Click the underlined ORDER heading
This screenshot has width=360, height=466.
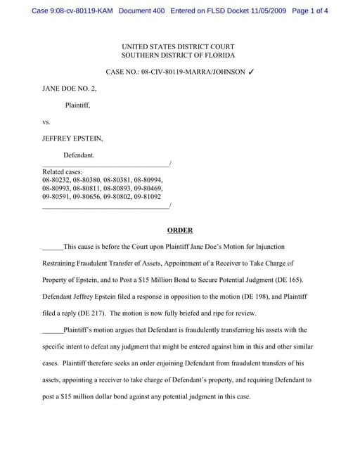tap(180, 231)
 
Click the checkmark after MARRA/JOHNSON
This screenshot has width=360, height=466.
tap(252, 72)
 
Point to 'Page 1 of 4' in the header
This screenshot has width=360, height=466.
tap(309, 12)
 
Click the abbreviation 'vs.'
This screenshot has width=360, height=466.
tap(46, 122)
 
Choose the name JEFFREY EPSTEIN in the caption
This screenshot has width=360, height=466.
tap(72, 138)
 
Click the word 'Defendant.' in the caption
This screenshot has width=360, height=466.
tap(79, 155)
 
